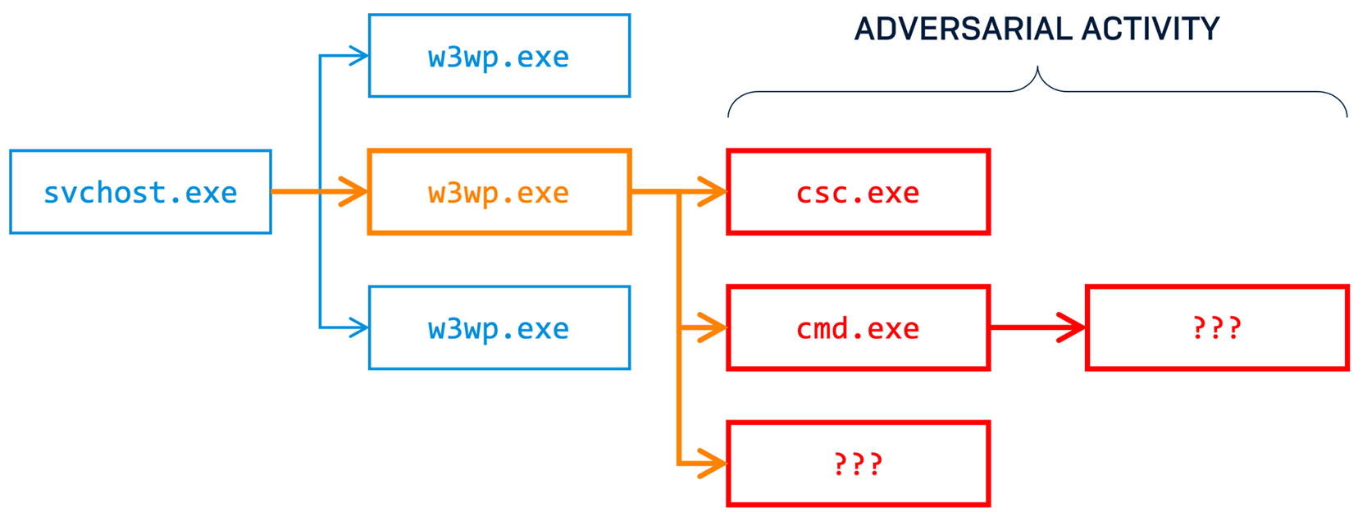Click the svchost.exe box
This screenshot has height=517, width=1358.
(x=140, y=192)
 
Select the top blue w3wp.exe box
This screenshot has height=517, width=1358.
(x=499, y=56)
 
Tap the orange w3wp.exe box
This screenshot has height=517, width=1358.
(x=499, y=192)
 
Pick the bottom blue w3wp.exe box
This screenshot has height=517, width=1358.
(x=499, y=328)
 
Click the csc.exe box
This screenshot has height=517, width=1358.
(x=858, y=192)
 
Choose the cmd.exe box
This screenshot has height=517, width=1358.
(x=858, y=328)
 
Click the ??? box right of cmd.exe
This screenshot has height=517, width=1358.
(x=1217, y=328)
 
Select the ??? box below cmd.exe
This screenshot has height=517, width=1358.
(x=858, y=464)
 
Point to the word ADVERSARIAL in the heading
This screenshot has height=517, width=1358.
(x=963, y=30)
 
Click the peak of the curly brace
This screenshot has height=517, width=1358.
(x=1037, y=69)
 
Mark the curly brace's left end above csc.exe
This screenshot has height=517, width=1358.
(x=729, y=113)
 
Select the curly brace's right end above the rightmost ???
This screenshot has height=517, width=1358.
(x=1346, y=113)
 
